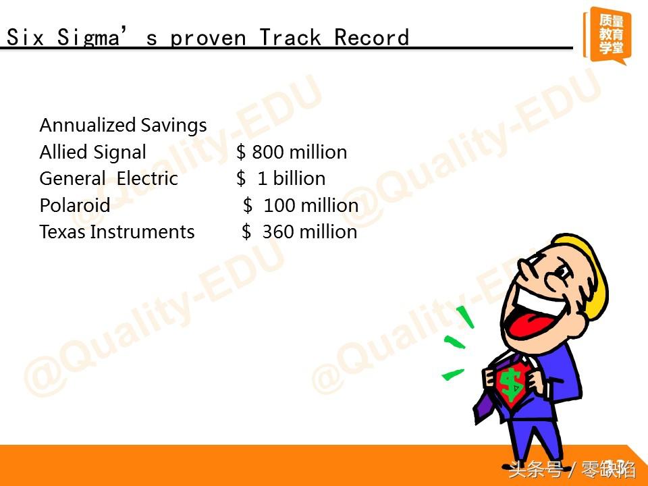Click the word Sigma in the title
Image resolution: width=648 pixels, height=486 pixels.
pos(88,38)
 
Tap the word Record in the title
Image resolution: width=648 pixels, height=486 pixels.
pos(371,37)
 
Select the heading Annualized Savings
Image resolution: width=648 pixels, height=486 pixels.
pos(123,126)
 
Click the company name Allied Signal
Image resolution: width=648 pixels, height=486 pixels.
pos(93,152)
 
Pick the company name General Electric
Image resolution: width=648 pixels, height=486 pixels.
pos(109,178)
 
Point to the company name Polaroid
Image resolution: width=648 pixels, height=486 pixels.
pos(75,205)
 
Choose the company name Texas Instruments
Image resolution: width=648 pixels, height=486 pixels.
pos(117,232)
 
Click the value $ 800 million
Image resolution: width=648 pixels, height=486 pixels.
pos(292,152)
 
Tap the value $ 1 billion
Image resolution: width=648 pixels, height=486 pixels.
pos(281,178)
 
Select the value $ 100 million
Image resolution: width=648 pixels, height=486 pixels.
pos(301,205)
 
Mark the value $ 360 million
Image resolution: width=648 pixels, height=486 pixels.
pos(300,232)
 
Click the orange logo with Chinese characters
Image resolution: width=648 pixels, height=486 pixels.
pos(607,35)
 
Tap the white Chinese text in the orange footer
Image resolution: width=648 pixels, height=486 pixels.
pos(572,470)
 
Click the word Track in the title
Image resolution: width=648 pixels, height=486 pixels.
pos(290,38)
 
